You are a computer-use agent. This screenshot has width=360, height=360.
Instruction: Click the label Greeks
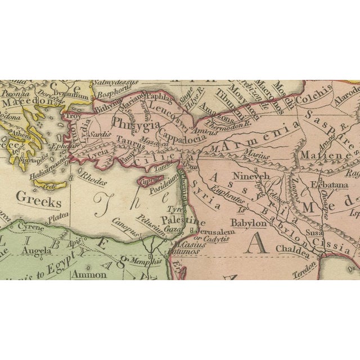[38, 198]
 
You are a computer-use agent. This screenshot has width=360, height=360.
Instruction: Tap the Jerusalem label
[206, 231]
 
